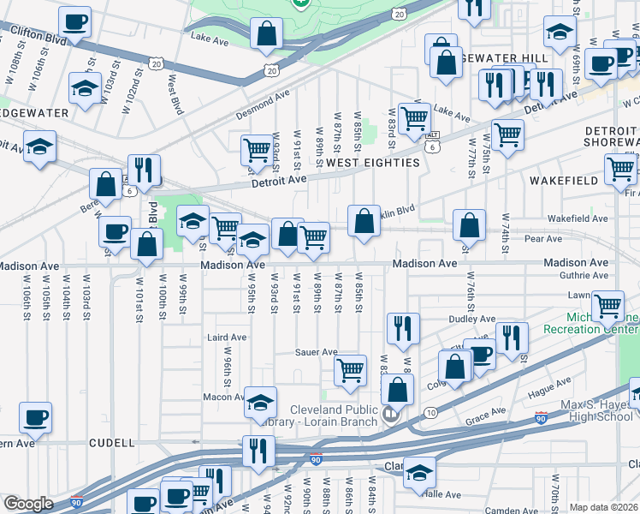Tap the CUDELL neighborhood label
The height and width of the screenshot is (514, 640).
112,443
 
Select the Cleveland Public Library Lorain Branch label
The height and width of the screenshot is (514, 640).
333,415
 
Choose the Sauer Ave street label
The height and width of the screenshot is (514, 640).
317,352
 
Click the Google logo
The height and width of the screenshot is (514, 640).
28,504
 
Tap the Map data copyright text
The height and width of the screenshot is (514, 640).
603,507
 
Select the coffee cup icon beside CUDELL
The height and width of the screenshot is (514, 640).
36,417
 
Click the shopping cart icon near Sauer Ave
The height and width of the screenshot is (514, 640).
350,370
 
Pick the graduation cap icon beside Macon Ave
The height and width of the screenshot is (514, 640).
260,402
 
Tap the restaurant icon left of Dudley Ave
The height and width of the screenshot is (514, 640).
402,327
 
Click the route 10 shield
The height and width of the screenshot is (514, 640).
430,413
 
